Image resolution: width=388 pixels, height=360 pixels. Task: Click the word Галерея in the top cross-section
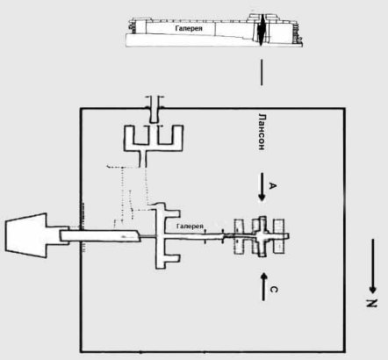click(x=189, y=28)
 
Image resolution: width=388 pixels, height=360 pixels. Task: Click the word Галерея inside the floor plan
click(x=190, y=227)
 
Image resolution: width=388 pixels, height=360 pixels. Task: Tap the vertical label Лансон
click(x=262, y=132)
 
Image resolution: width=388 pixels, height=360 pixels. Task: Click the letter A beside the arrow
click(x=272, y=185)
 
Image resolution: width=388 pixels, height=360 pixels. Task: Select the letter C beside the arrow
click(x=273, y=290)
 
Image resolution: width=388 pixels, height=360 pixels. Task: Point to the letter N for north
click(x=371, y=304)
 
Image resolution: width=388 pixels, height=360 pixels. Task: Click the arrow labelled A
click(x=262, y=187)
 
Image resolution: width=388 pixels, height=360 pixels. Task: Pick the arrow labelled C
click(x=263, y=286)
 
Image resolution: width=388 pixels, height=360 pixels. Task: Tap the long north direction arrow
click(x=372, y=266)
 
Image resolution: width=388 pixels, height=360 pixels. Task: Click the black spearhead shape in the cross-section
click(x=261, y=30)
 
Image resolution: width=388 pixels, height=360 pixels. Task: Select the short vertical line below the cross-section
click(x=262, y=72)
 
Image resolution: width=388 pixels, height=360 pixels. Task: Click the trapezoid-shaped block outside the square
click(x=27, y=235)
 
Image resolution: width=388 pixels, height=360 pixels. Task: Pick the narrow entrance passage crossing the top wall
click(x=154, y=109)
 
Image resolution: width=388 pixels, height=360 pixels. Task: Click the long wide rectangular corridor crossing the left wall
click(x=100, y=235)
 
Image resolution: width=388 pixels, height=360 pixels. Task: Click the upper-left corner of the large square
click(x=81, y=109)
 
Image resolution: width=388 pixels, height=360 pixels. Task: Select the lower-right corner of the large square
click(x=345, y=351)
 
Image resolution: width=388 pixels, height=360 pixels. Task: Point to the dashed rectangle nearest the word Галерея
click(x=239, y=236)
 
